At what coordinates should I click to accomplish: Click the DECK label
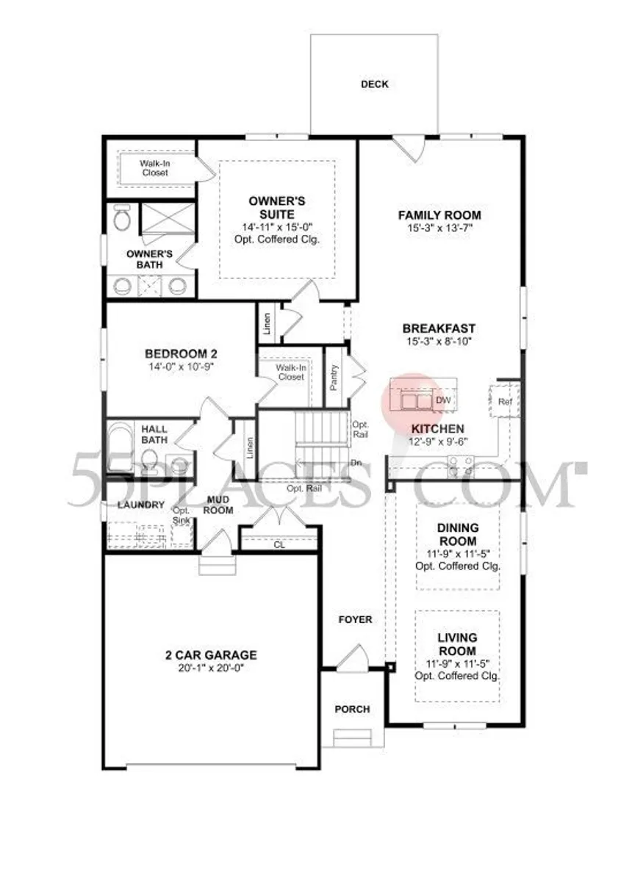pyautogui.click(x=374, y=84)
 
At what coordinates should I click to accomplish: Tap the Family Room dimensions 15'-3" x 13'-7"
pyautogui.click(x=439, y=228)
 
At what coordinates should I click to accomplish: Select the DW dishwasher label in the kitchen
pyautogui.click(x=444, y=400)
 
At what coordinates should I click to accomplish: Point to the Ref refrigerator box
pyautogui.click(x=504, y=400)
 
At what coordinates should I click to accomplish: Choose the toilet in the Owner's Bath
pyautogui.click(x=121, y=217)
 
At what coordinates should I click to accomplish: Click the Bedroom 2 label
pyautogui.click(x=181, y=353)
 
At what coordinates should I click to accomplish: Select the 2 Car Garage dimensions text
pyautogui.click(x=211, y=668)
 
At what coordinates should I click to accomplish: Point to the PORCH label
pyautogui.click(x=352, y=709)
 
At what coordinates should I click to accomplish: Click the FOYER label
pyautogui.click(x=356, y=619)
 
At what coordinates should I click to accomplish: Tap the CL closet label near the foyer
pyautogui.click(x=279, y=545)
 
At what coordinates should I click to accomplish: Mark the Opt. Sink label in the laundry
pyautogui.click(x=182, y=516)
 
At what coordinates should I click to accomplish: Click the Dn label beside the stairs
pyautogui.click(x=356, y=463)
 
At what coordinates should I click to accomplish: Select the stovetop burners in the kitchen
pyautogui.click(x=461, y=466)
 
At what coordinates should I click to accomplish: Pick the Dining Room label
pyautogui.click(x=458, y=534)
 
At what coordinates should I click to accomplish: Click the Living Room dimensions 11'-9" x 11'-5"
pyautogui.click(x=458, y=664)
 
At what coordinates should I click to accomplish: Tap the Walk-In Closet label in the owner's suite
pyautogui.click(x=154, y=168)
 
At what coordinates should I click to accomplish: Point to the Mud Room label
pyautogui.click(x=218, y=505)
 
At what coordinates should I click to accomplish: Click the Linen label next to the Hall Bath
pyautogui.click(x=249, y=448)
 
